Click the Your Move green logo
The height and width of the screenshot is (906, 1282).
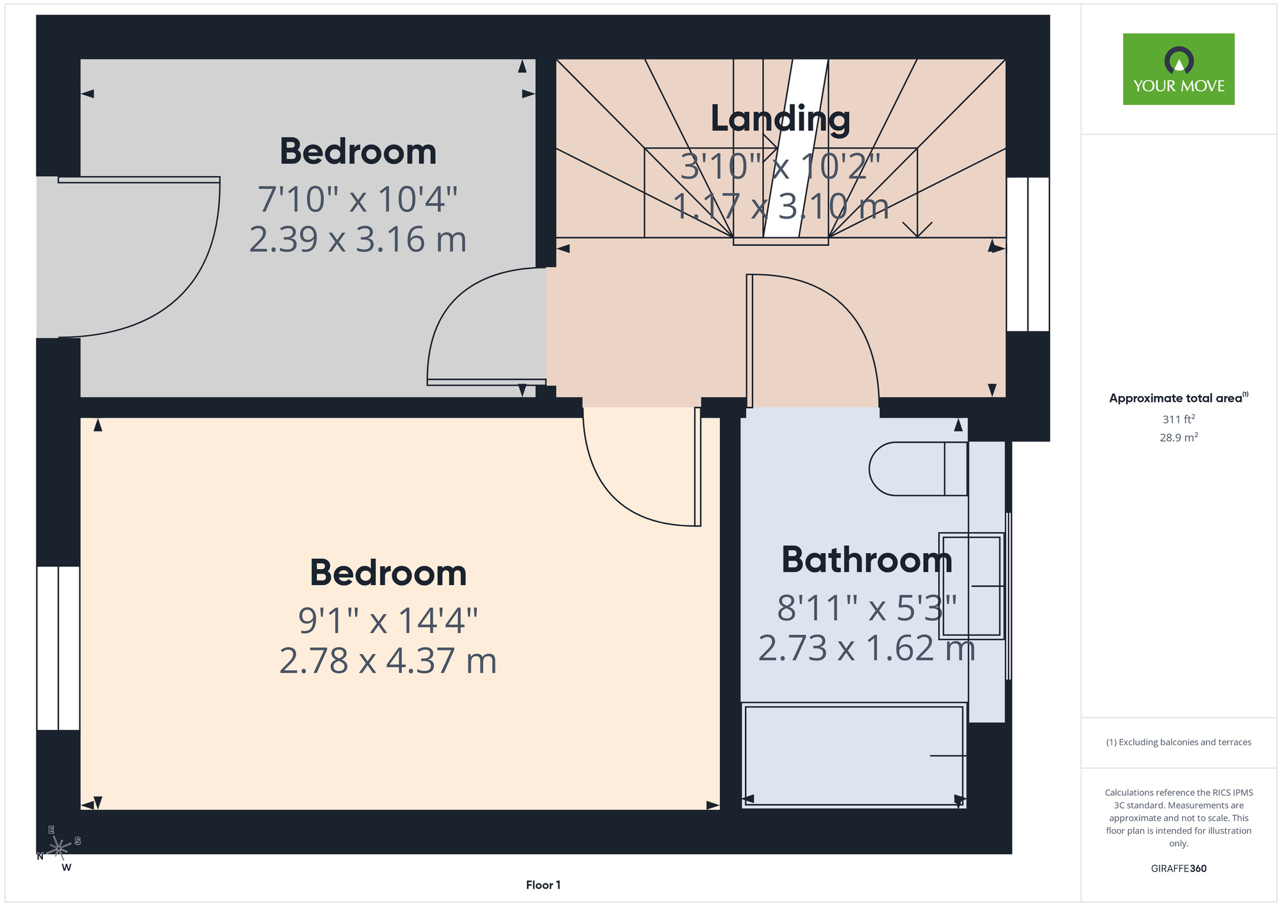[1178, 69]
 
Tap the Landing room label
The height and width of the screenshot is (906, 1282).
[780, 119]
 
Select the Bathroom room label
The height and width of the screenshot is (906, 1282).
[867, 559]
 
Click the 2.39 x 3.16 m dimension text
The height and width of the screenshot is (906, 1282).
[358, 239]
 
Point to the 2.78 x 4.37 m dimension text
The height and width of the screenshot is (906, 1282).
[388, 661]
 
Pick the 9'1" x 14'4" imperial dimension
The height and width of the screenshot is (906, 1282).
[388, 620]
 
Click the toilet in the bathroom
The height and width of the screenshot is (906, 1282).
[918, 468]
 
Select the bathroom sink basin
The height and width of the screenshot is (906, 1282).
[972, 586]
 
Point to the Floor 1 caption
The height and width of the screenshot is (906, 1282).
[543, 885]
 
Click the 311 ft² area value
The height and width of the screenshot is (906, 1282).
[1179, 419]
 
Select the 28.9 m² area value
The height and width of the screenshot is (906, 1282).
[1179, 438]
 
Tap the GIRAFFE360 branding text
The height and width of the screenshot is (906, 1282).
[1179, 868]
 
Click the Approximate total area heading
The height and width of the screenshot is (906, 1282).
[1179, 398]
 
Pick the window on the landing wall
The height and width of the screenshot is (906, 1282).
[1028, 254]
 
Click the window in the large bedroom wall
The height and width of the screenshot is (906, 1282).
[58, 648]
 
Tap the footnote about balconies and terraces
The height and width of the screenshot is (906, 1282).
[1179, 742]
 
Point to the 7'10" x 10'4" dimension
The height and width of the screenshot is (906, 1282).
[358, 199]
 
